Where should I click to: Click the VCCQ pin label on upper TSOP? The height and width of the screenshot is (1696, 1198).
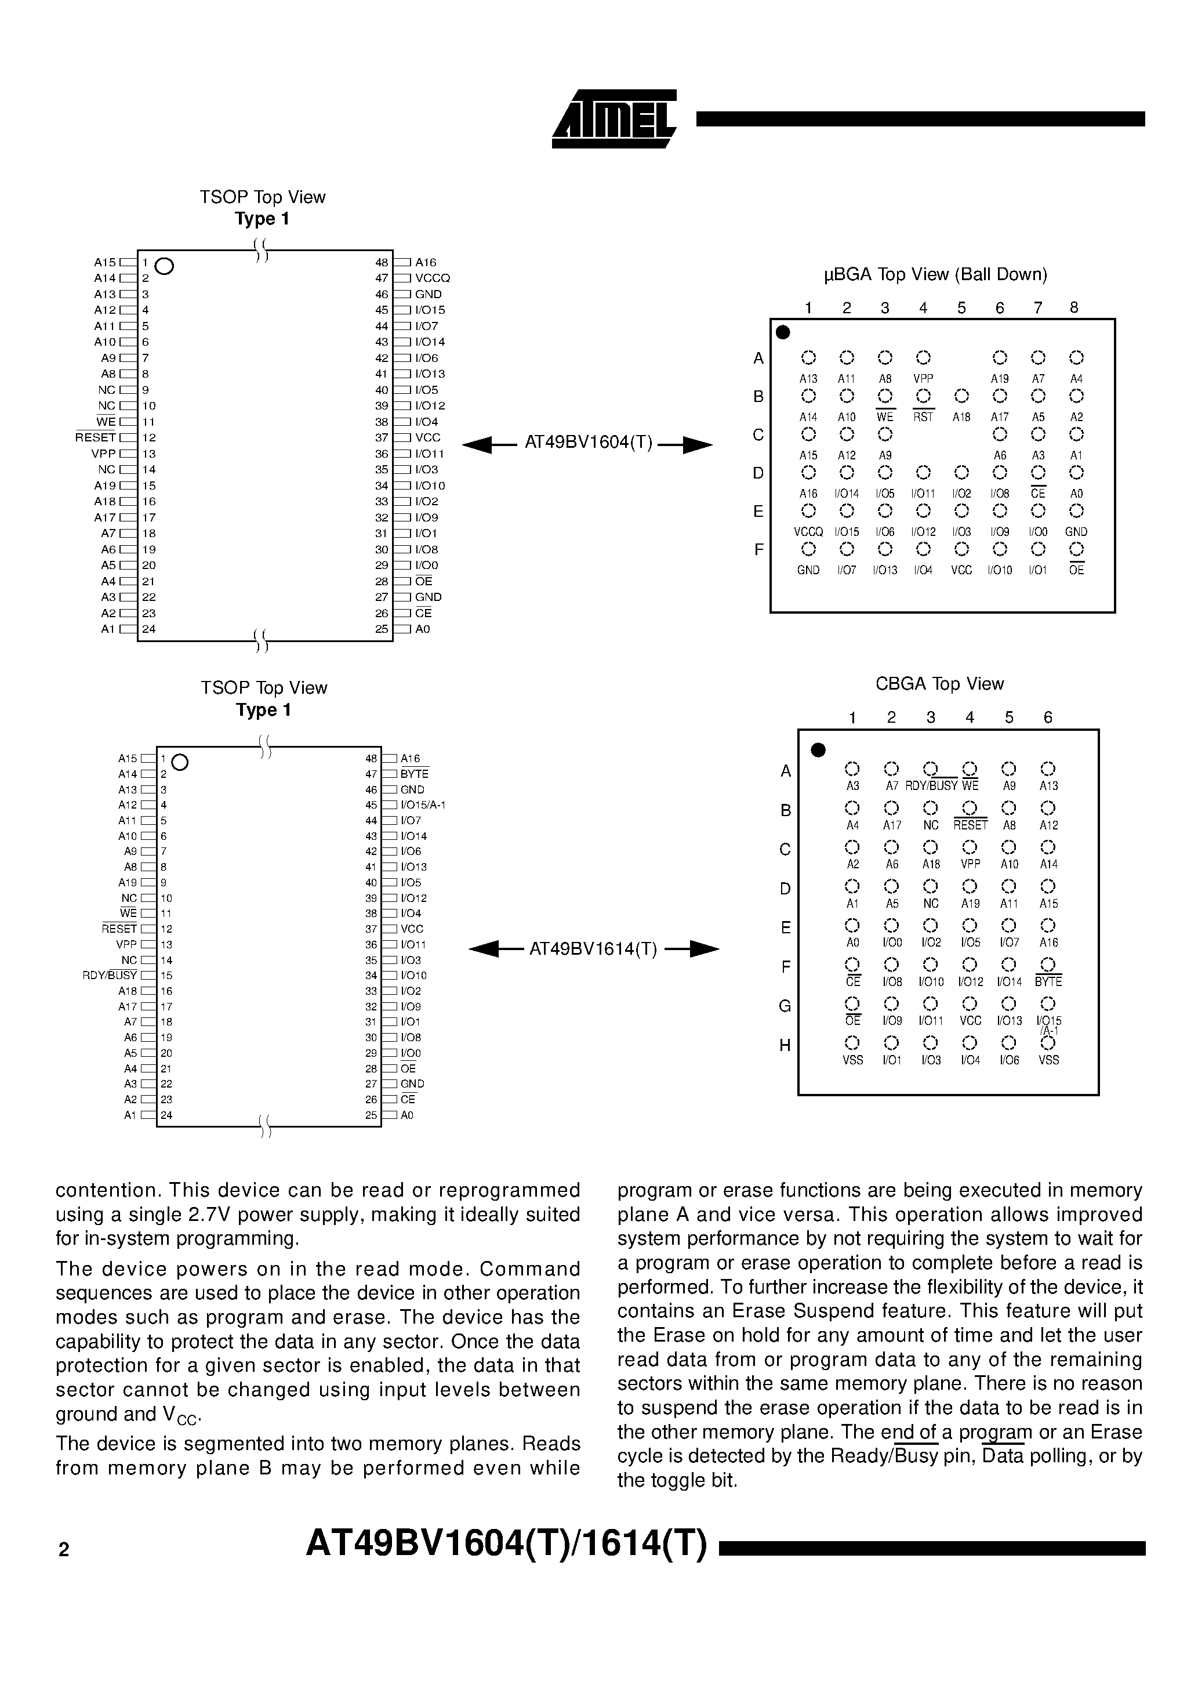[x=432, y=278]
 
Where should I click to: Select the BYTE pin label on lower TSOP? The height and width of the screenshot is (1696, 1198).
[x=415, y=774]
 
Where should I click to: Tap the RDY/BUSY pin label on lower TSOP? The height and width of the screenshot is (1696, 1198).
[x=110, y=976]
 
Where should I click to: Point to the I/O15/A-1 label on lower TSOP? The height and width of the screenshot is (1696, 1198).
[x=423, y=805]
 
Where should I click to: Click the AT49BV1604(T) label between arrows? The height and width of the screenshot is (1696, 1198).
[x=589, y=443]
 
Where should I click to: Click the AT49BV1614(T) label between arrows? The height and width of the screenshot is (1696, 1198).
[x=593, y=949]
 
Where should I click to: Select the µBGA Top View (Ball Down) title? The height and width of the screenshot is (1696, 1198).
[x=935, y=275]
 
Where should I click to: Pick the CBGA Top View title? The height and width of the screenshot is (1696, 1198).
[x=939, y=684]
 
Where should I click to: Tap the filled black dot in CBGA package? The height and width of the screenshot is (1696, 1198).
[x=818, y=751]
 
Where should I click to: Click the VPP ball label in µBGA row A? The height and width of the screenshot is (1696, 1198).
[x=923, y=379]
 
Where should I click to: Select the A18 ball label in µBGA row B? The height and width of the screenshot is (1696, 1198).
[x=961, y=418]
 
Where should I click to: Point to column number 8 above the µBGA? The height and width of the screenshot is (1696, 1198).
[x=1074, y=308]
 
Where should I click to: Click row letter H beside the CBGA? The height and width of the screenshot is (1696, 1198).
[x=785, y=1045]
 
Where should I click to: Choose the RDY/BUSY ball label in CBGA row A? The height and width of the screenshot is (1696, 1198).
[x=931, y=787]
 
